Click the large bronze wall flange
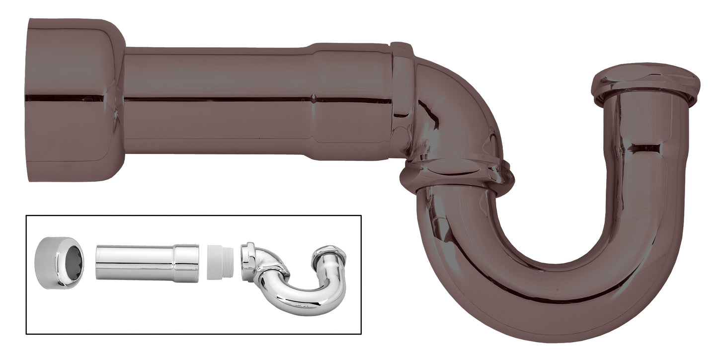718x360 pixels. (75, 99)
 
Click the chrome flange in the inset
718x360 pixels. (59, 262)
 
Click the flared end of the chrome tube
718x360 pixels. (186, 263)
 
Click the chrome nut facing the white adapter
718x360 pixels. (248, 261)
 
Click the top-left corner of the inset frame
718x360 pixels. (26, 216)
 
